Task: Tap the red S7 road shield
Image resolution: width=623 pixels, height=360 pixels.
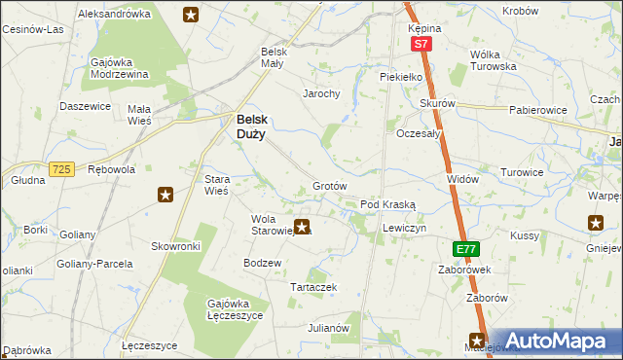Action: click(420, 45)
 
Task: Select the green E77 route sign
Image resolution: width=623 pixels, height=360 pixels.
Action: click(465, 250)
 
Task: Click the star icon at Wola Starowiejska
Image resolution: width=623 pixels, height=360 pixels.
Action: click(303, 228)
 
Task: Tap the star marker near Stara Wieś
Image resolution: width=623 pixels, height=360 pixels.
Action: click(165, 195)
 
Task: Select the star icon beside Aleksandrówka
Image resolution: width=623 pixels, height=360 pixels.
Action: click(191, 14)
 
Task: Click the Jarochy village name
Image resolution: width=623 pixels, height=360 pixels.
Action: click(320, 94)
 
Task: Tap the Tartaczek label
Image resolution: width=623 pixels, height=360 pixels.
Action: click(313, 287)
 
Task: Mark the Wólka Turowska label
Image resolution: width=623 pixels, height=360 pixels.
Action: click(492, 60)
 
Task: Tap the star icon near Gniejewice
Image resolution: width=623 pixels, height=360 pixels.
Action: click(595, 224)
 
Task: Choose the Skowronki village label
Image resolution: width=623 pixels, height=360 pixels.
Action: click(175, 247)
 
